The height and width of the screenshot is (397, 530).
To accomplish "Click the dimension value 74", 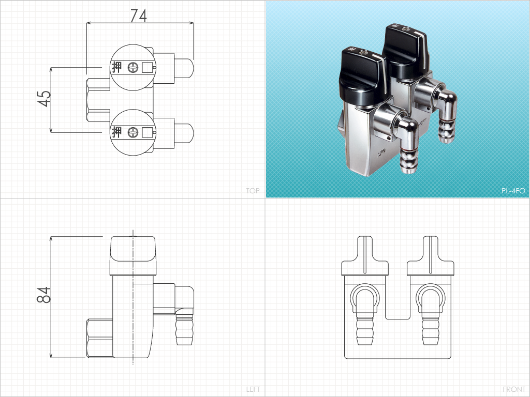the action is point(139,16).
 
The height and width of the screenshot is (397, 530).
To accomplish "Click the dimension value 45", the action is point(44,99).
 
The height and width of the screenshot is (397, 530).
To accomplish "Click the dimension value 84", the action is point(44,295).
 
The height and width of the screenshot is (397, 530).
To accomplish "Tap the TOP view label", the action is point(253,191).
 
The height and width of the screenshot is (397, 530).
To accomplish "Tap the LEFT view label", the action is point(253,389).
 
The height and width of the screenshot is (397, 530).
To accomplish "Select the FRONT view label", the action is point(514,389).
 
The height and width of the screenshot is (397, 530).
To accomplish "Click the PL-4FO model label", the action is point(513,191).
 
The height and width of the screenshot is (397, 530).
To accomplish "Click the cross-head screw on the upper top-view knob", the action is point(133,68).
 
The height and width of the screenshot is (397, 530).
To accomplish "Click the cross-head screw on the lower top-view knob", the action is point(133,132).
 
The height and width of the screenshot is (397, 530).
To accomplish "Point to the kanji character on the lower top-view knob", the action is point(116,132).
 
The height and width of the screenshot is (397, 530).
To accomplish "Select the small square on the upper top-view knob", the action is point(147,68).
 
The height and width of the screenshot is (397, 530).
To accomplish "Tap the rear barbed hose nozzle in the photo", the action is point(446,130).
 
